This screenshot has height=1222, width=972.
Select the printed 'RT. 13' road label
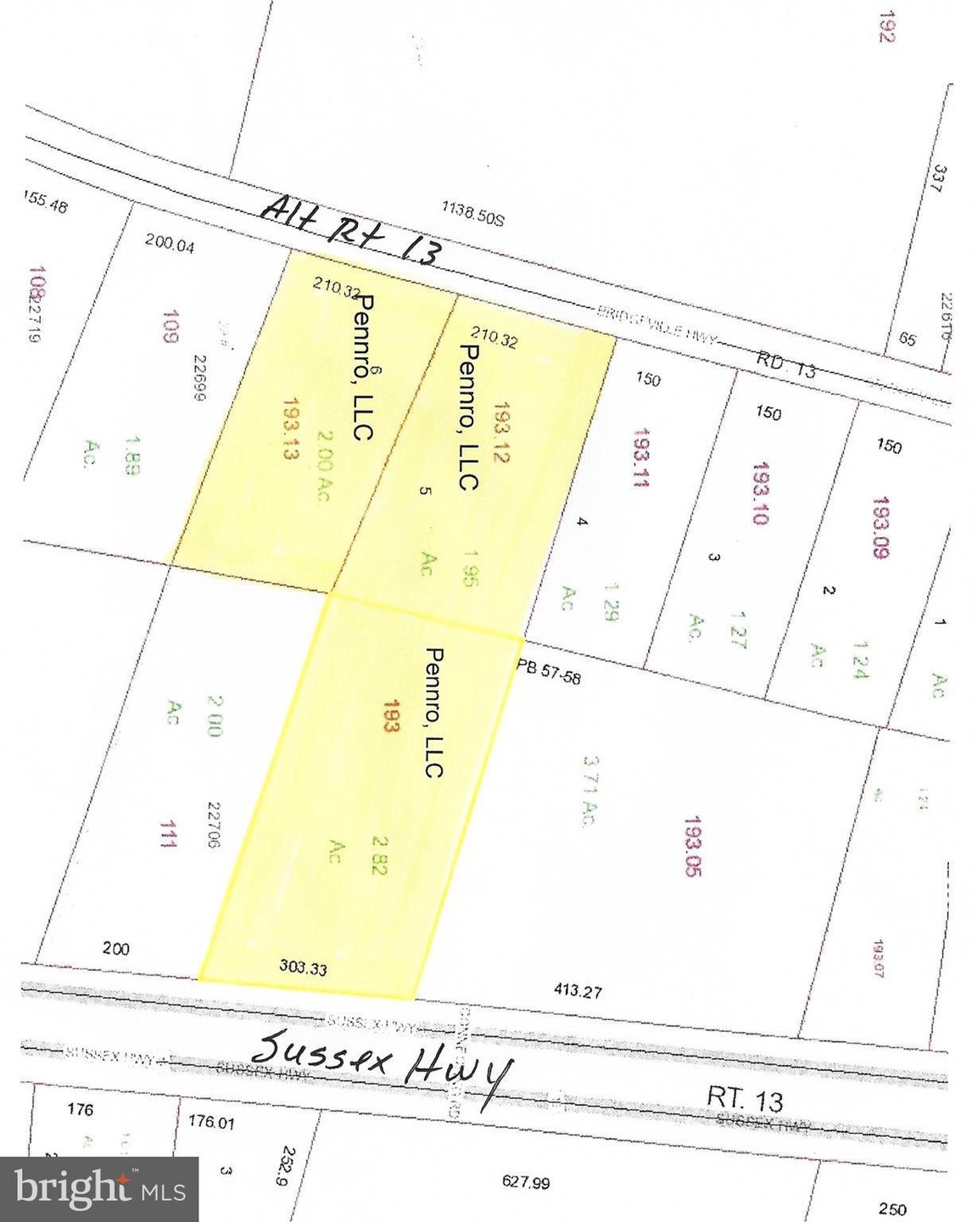pyautogui.click(x=745, y=1100)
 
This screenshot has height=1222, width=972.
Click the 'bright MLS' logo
pyautogui.click(x=99, y=1189)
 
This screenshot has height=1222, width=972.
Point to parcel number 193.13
pyautogui.click(x=293, y=429)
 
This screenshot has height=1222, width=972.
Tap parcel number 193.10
pyautogui.click(x=761, y=493)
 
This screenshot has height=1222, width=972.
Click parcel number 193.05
pyautogui.click(x=692, y=846)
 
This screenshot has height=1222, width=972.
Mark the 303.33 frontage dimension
pyautogui.click(x=303, y=967)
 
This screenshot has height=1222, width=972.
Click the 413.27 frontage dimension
pyautogui.click(x=578, y=989)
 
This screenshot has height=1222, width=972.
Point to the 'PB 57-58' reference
pyautogui.click(x=549, y=671)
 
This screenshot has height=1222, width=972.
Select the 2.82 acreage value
pyautogui.click(x=379, y=855)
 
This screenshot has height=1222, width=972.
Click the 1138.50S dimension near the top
pyautogui.click(x=472, y=212)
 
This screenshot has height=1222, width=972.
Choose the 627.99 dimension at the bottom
pyautogui.click(x=526, y=1181)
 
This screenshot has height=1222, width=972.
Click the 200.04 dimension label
pyautogui.click(x=170, y=244)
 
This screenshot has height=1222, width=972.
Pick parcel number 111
pyautogui.click(x=168, y=834)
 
